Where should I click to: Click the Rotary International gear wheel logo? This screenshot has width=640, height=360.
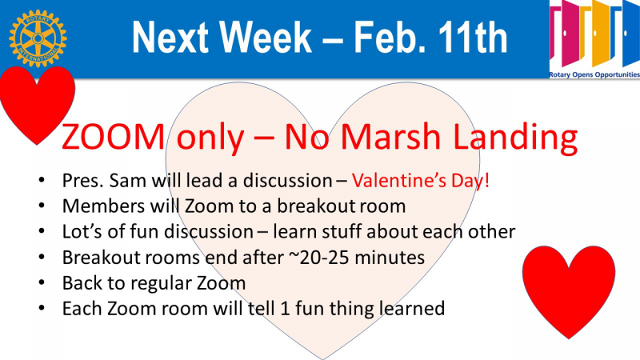pos(38,38)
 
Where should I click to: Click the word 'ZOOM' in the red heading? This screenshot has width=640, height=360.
pos(113,137)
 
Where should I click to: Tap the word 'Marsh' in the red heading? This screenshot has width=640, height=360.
pos(390,136)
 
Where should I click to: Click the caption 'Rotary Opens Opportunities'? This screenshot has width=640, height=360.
pos(594,74)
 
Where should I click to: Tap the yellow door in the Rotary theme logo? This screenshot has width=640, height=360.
pos(601,34)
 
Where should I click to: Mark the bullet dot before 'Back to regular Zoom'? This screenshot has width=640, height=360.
pos(42,282)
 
